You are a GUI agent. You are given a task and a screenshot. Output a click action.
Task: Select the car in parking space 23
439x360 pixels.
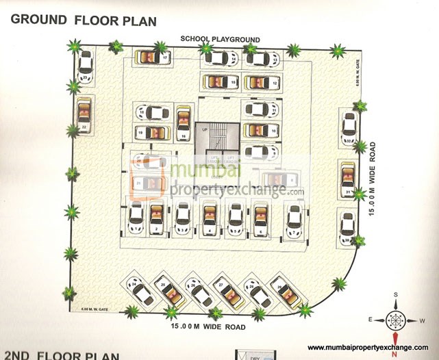[86, 66]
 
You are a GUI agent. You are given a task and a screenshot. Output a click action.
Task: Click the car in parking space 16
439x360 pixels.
[183, 122]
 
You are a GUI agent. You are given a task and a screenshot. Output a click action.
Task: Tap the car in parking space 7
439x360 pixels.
[294, 218]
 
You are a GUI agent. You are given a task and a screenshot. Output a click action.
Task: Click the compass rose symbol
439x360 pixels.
[395, 319]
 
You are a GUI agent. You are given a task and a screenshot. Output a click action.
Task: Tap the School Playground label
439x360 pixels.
[220, 38]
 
